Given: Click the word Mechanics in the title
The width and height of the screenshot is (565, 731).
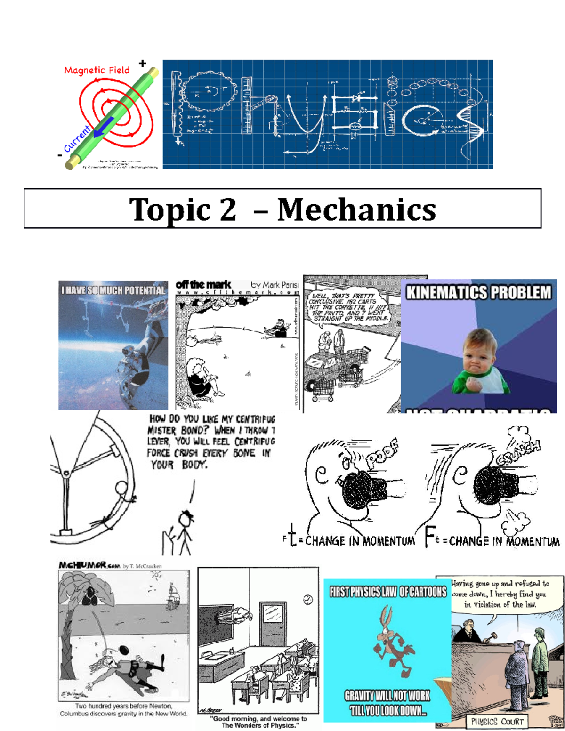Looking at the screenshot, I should [356, 209].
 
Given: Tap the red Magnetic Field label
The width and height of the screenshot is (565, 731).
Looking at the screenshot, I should [97, 71].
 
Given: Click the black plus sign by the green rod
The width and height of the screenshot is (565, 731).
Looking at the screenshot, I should [142, 64].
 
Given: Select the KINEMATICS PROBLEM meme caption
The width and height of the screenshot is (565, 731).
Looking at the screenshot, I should [478, 292].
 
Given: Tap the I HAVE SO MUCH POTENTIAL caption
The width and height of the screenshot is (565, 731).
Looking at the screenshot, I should [113, 290].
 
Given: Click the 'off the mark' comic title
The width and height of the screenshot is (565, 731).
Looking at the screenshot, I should [203, 285].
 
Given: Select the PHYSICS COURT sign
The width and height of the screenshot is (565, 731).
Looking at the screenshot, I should [497, 722].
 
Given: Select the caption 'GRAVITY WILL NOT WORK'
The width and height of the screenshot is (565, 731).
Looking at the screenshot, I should [387, 696].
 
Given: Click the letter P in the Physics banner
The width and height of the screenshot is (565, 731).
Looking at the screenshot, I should [207, 106].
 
